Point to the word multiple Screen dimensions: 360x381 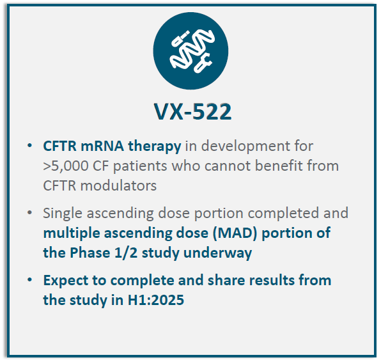click(72, 233)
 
